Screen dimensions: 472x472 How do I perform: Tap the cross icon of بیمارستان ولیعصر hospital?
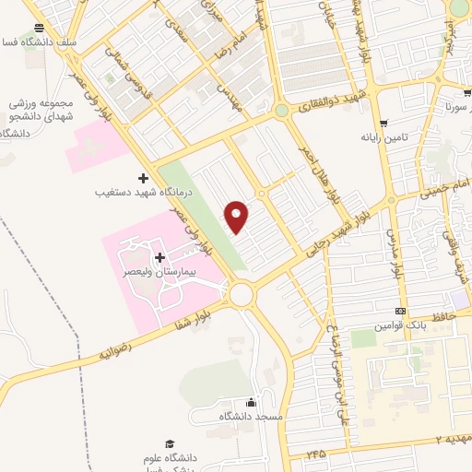pos(160,257)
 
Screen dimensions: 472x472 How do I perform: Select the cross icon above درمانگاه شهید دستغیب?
pos(142,177)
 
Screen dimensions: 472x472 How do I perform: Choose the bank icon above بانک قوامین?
pos(400,311)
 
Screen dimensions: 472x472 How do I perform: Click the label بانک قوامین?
pos(399,327)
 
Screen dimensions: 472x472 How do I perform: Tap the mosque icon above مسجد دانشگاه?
pos(251,402)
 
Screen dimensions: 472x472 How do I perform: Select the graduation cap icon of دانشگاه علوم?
pos(168,443)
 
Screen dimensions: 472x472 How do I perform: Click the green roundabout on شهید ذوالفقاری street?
pos(281,112)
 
